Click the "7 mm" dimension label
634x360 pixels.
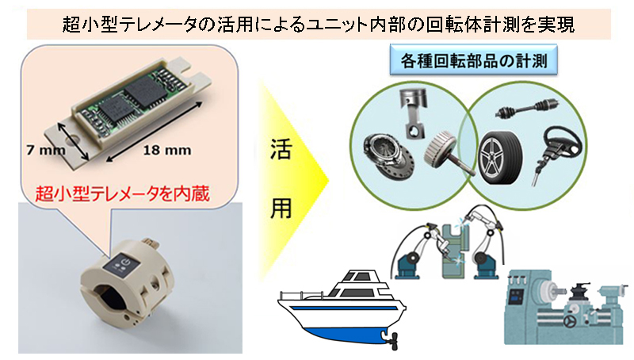click(46, 150)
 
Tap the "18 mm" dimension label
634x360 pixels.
click(167, 150)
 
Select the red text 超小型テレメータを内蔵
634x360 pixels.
click(123, 193)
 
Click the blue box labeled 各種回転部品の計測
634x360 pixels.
click(473, 61)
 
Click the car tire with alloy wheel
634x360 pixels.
click(501, 158)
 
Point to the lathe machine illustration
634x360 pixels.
click(565, 308)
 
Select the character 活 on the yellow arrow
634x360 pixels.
click(281, 149)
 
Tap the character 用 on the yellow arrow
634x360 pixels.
click(281, 209)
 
